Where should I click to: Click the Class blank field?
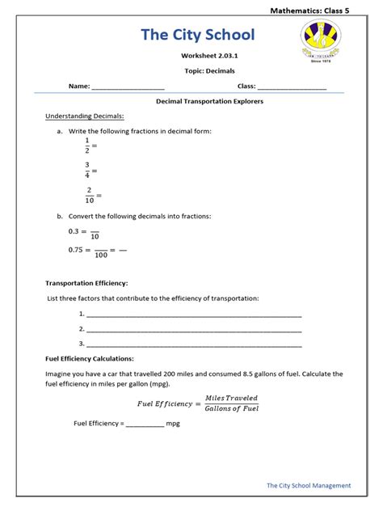point(292,86)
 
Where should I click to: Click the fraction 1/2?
point(87,145)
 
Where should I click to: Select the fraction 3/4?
point(87,170)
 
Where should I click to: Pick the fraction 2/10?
point(89,195)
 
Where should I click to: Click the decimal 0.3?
point(75,231)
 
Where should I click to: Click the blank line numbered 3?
point(194,344)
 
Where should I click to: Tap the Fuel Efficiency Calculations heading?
point(90,358)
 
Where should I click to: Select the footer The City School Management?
point(309,485)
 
